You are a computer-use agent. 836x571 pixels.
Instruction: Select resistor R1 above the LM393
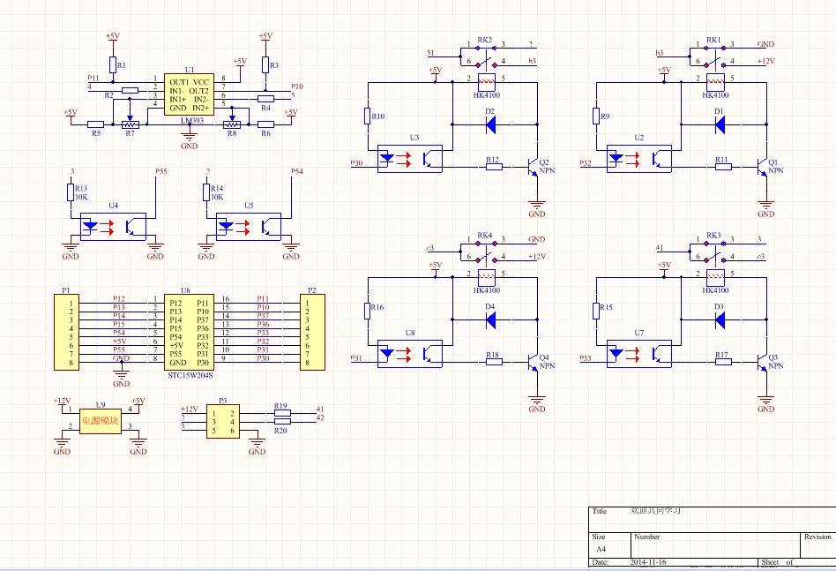[x=112, y=64]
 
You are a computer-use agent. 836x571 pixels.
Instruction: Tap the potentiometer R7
[x=130, y=124]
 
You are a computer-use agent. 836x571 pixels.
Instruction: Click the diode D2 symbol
[x=490, y=124]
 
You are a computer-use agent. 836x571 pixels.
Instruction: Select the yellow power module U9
[x=100, y=421]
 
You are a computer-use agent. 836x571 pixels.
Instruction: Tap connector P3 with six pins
[x=222, y=422]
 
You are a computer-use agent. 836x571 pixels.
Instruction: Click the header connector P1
[x=65, y=332]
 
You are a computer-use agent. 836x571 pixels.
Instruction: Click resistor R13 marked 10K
[x=71, y=192]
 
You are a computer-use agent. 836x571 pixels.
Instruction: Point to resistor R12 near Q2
[x=493, y=166]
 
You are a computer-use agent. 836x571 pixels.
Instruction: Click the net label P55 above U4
[x=160, y=171]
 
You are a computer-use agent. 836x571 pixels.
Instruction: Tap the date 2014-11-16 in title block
[x=648, y=561]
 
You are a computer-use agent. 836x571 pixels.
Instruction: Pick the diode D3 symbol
[x=720, y=319]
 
